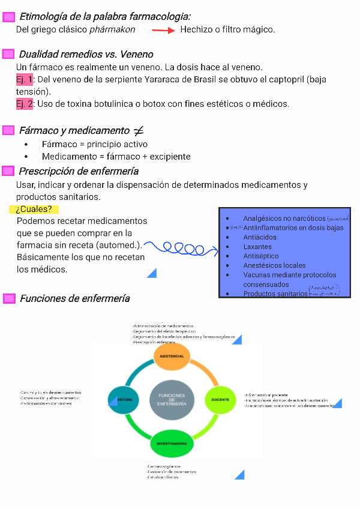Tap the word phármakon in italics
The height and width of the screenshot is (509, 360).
pos(112,29)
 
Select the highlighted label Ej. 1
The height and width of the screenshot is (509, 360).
pos(25,80)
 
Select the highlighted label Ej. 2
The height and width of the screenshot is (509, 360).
pos(25,104)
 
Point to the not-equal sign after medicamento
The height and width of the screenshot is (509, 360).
pos(138,131)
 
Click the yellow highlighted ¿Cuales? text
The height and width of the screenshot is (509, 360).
pos(34,209)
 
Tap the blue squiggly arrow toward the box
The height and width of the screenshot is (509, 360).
pos(180,247)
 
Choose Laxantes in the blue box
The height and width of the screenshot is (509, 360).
pos(257,247)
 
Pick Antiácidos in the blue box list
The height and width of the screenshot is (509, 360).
pos(260,237)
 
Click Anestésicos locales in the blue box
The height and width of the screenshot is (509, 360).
pos(274,265)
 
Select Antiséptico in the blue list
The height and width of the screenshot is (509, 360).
pos(261,256)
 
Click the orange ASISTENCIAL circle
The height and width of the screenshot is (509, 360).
pos(172,356)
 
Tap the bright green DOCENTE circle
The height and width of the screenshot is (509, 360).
pos(220,399)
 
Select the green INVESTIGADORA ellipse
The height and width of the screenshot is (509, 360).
pos(172,444)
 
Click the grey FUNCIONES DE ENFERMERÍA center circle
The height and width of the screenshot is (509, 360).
pos(172,400)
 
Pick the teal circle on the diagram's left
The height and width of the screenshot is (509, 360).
pos(124,400)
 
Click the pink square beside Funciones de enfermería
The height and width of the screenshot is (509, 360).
pos(8,298)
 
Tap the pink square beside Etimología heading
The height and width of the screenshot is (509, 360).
pos(8,17)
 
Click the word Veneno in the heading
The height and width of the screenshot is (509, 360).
pos(136,55)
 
